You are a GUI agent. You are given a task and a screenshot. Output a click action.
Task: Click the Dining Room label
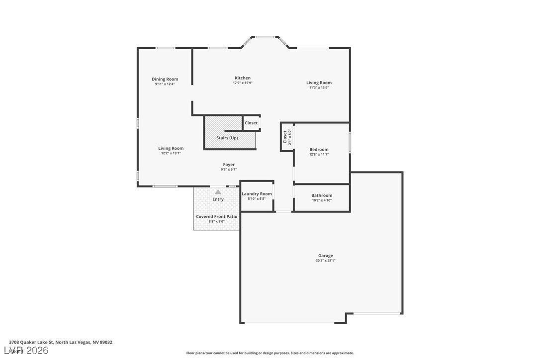(x=165, y=79)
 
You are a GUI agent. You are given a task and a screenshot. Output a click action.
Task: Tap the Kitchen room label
(x=243, y=78)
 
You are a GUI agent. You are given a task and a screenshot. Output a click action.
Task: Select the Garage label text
(x=326, y=256)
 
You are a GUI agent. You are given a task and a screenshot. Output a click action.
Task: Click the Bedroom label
(x=319, y=149)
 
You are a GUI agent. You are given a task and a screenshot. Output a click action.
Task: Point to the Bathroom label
(x=322, y=195)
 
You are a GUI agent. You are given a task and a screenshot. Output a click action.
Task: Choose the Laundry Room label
(x=257, y=194)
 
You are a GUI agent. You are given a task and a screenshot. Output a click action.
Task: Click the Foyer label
(x=229, y=165)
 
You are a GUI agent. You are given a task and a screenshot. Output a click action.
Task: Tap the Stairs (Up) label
(x=227, y=138)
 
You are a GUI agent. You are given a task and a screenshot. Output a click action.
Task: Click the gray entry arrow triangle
(x=218, y=191)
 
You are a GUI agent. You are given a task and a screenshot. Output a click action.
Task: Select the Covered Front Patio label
(x=216, y=217)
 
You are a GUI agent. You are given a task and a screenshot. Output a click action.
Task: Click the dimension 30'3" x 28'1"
(x=326, y=261)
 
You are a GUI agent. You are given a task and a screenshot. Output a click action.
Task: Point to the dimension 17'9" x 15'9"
(x=243, y=83)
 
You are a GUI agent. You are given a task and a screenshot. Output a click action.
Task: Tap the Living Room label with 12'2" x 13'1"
(x=171, y=148)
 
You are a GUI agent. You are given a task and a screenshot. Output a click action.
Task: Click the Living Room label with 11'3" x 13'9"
(x=319, y=83)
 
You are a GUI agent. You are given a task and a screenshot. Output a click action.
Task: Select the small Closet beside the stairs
(x=251, y=123)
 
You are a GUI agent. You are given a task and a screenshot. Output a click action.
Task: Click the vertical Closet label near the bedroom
(x=285, y=137)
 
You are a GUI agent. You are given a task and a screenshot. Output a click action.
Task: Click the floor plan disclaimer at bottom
(x=270, y=353)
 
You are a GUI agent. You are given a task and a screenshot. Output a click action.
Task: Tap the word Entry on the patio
(x=218, y=199)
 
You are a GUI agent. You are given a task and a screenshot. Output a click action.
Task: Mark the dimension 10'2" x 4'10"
(x=322, y=200)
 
